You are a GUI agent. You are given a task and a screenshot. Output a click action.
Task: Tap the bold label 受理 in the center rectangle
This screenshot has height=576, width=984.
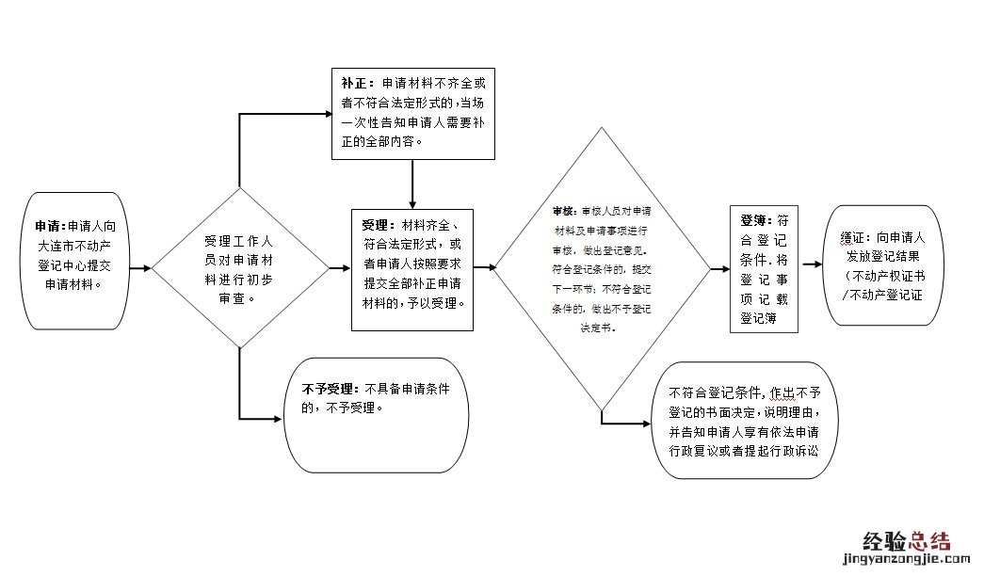click(x=375, y=225)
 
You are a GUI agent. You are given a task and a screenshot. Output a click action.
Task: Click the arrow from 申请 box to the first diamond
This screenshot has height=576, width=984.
click(x=139, y=268)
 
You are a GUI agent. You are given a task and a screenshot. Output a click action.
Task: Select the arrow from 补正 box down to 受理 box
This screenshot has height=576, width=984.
click(x=412, y=184)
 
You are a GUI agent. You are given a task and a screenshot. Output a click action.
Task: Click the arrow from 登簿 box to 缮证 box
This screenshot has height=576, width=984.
click(x=813, y=268)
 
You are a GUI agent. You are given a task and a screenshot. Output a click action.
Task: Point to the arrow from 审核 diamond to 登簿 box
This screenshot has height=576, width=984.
click(x=719, y=268)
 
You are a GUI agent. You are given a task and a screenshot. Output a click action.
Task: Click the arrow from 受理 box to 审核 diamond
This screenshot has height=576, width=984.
click(x=485, y=268)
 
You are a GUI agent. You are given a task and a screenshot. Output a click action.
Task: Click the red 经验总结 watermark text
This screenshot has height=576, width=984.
click(x=907, y=539)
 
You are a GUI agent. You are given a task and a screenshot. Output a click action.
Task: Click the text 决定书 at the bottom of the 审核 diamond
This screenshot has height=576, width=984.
click(x=599, y=328)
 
